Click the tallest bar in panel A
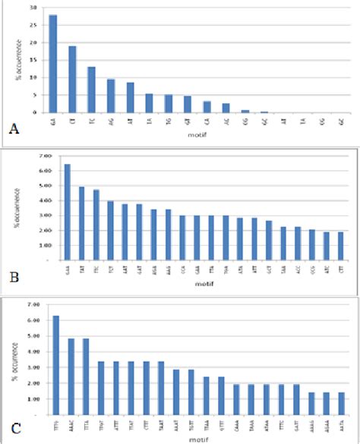click(x=53, y=64)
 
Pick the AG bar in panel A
click(x=111, y=96)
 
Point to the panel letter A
click(x=12, y=130)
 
